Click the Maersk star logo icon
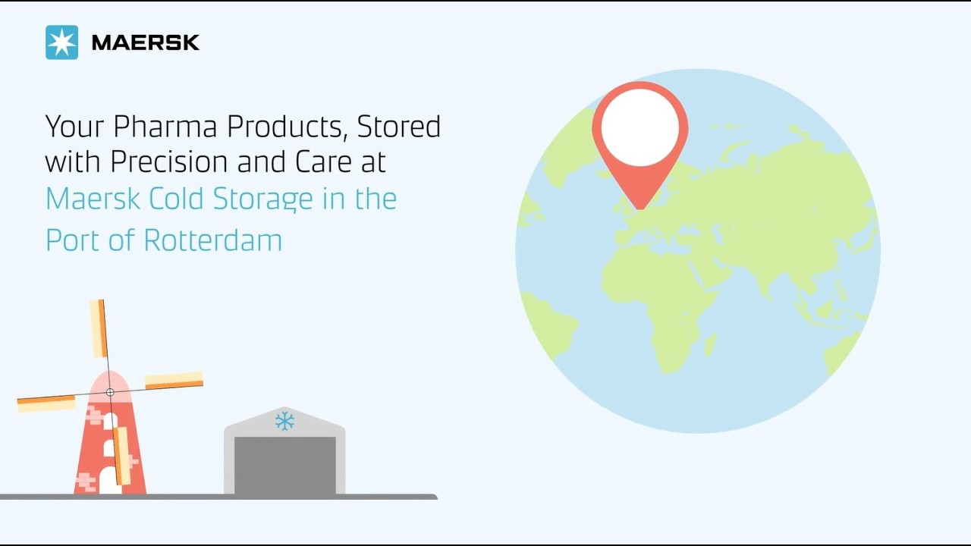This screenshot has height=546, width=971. coord(61,42)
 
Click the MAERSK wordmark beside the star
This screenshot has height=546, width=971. coord(145,42)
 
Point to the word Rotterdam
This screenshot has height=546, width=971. coord(212,240)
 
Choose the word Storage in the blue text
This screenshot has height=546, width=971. coord(262,199)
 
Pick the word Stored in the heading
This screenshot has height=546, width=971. coord(399,126)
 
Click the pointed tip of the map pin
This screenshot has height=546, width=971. coord(640,206)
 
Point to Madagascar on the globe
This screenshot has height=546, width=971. coord(710,346)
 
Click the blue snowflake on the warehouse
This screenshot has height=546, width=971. coord(284,421)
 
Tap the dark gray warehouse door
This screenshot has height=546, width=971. coord(284,465)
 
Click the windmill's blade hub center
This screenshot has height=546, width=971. coord(110,392)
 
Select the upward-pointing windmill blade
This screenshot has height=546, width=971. coord(99,328)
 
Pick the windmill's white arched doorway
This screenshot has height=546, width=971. coord(110,480)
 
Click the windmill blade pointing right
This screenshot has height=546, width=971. coord(174,380)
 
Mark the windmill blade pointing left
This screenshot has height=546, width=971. coord(46,403)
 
